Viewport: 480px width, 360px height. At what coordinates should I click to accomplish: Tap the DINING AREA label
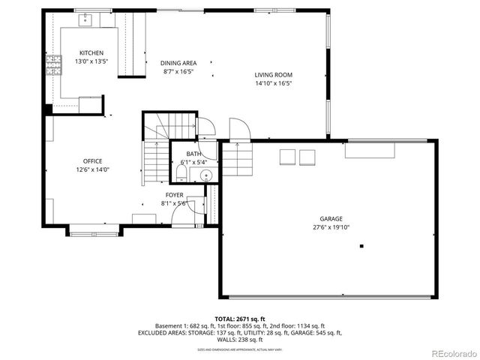coord(178,63)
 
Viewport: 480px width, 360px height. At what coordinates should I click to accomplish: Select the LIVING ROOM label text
coord(273,75)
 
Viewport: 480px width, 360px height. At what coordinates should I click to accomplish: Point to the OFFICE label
coord(93,161)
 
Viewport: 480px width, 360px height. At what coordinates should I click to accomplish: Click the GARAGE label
coord(331,219)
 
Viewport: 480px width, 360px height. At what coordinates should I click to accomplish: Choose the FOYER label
coord(175,195)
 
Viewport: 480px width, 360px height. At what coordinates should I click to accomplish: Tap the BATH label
coord(193,154)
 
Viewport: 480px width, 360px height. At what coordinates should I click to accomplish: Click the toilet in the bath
coord(182,174)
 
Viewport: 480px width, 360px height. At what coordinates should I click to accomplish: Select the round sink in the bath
coord(205,175)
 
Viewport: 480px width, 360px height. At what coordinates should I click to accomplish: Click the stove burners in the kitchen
coord(54,65)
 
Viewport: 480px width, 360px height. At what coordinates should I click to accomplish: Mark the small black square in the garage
coord(361,246)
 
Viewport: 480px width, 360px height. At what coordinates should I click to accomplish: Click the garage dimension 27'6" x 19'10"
coord(331,227)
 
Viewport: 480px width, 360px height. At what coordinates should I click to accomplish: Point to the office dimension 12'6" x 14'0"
coord(93,169)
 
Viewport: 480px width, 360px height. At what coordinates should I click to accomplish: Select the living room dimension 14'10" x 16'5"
coord(273,83)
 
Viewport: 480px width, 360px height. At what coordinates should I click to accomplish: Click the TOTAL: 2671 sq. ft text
coord(240,319)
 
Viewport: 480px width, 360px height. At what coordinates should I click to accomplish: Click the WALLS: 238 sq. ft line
coord(240,339)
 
